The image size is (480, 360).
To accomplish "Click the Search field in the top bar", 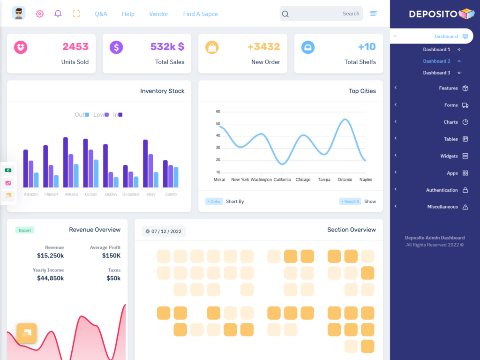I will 323,14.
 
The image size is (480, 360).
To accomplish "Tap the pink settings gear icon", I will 40,14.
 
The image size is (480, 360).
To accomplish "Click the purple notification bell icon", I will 58,14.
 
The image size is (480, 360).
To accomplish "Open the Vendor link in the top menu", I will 158,14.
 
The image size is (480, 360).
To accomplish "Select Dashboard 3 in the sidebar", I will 436,73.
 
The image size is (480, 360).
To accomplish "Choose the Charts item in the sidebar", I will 450,122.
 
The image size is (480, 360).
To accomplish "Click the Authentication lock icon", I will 465,190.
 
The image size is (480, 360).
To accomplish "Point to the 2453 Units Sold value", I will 75,46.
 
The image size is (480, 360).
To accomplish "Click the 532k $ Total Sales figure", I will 167,46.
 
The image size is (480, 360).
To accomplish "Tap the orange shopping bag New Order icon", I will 212,47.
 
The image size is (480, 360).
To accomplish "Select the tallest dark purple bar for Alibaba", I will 66,162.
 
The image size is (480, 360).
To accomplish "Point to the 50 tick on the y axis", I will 218,124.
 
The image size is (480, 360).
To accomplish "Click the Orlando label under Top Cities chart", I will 345,180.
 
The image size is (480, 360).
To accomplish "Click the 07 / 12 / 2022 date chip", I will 164,231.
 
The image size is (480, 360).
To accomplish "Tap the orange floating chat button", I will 27,333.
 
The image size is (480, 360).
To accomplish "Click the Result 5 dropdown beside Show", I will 350,202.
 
